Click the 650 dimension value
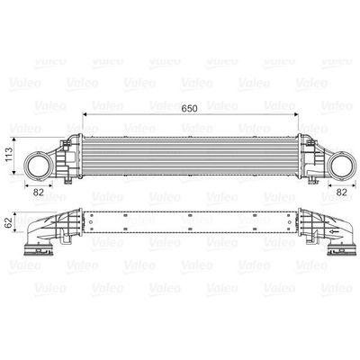coord(188,107)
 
